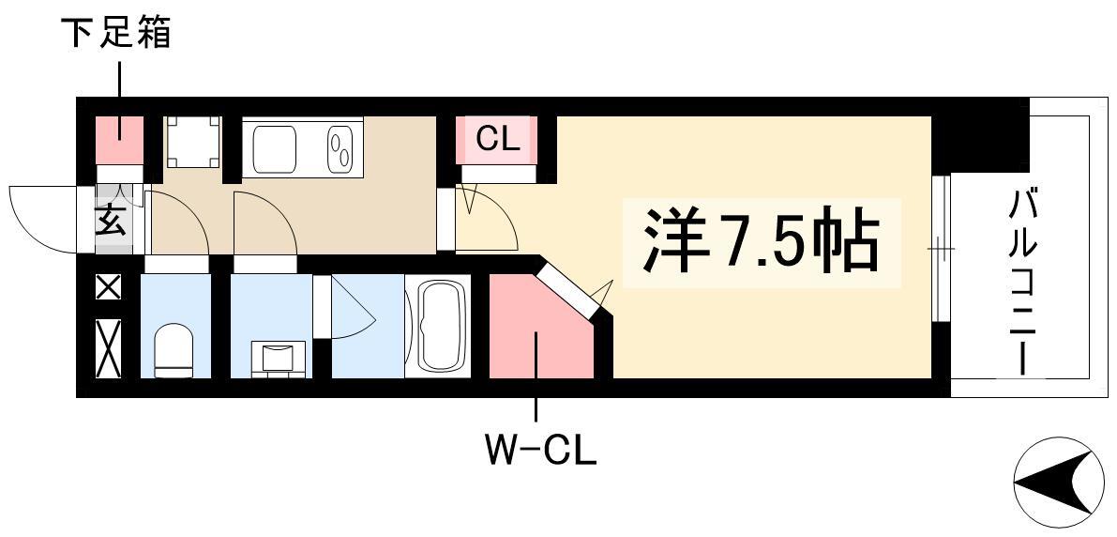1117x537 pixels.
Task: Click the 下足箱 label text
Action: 120,33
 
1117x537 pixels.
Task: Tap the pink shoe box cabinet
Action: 120,140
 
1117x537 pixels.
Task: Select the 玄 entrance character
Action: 112,220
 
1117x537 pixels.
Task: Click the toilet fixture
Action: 174,349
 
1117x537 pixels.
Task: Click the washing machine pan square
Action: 193,142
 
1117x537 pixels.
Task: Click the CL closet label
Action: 498,139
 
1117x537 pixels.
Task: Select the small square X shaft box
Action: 108,287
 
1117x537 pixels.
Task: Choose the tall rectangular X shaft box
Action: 108,348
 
